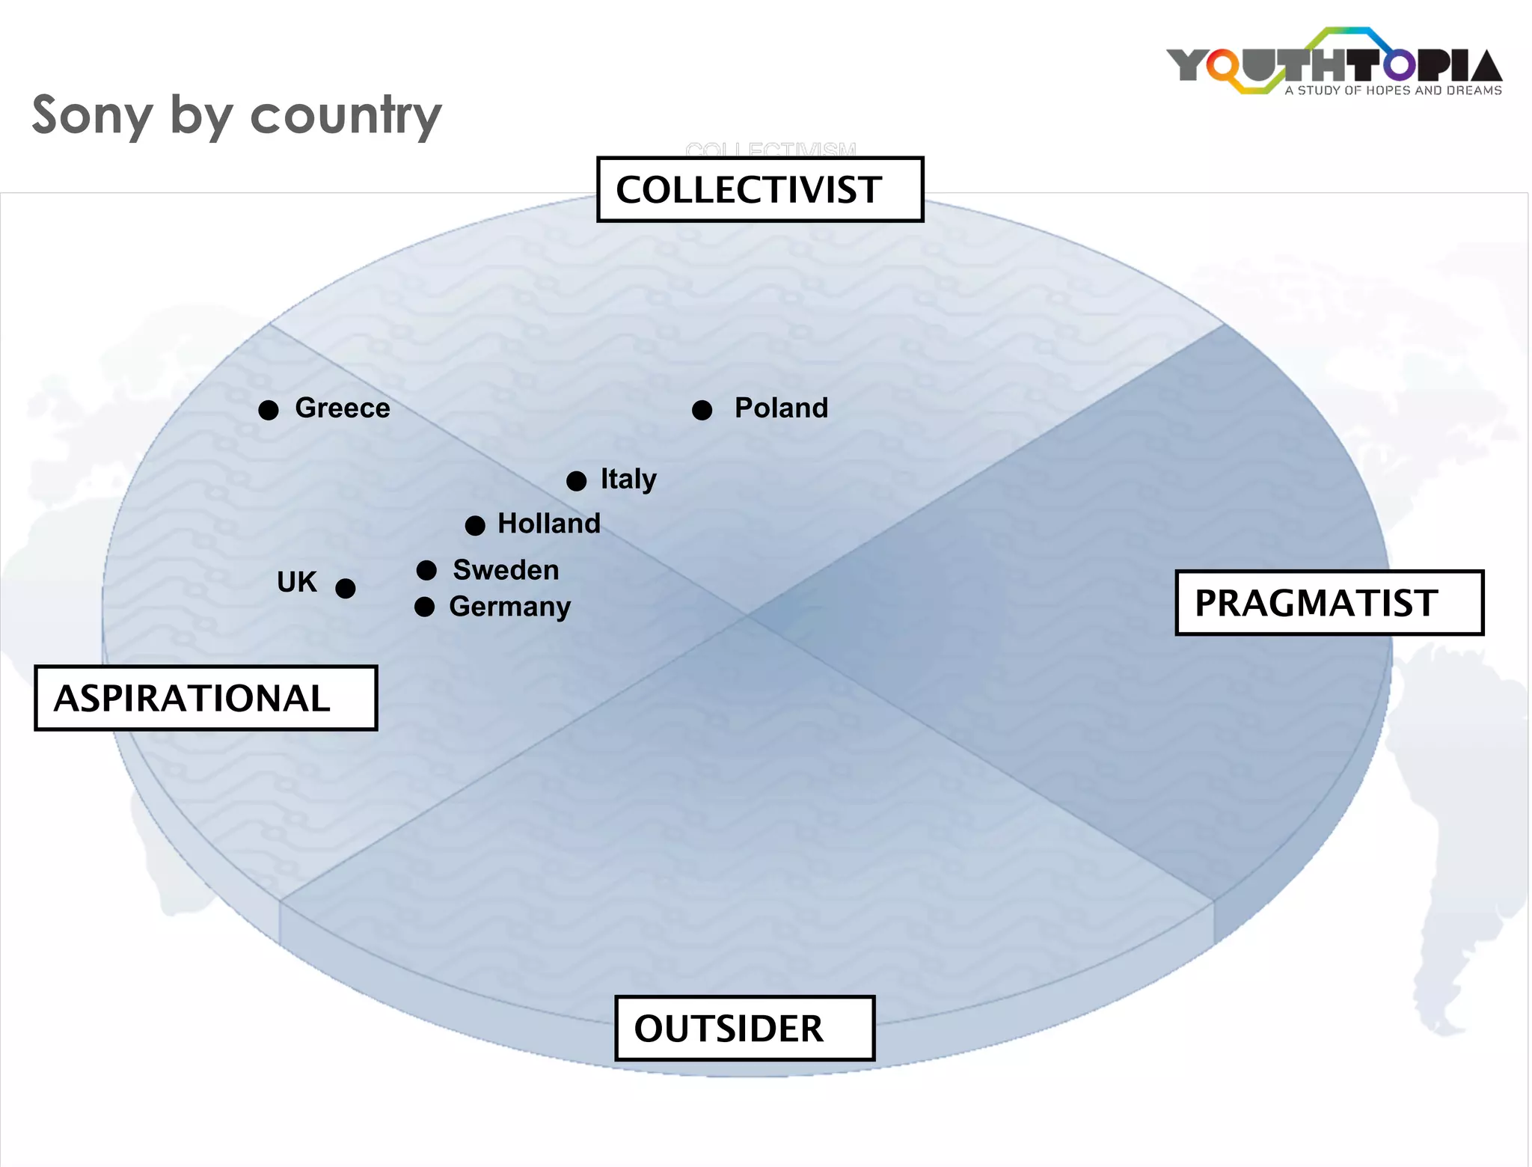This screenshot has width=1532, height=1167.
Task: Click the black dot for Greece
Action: (269, 410)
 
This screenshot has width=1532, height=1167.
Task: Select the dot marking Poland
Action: (702, 410)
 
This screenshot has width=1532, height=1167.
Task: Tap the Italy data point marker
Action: (576, 481)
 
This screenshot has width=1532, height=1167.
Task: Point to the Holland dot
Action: (475, 525)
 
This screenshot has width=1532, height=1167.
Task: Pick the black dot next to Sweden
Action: (426, 571)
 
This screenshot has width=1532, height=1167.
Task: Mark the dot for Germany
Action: (424, 607)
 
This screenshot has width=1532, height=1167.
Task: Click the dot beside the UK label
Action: (345, 589)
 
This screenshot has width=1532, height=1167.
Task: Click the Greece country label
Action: (343, 408)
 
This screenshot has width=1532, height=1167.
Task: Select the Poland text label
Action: (781, 408)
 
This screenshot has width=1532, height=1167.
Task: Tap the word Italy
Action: (628, 480)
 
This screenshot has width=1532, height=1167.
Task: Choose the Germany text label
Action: (509, 607)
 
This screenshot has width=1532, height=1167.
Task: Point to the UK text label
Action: (297, 582)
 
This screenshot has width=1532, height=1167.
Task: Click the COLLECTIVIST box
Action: (760, 189)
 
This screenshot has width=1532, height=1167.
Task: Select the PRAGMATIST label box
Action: (1329, 603)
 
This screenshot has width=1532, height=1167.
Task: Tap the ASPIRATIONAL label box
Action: (206, 698)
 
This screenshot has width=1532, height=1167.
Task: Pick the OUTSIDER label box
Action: (744, 1028)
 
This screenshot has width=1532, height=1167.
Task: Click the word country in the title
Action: (346, 116)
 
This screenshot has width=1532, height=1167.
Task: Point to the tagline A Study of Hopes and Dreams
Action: (1393, 91)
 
